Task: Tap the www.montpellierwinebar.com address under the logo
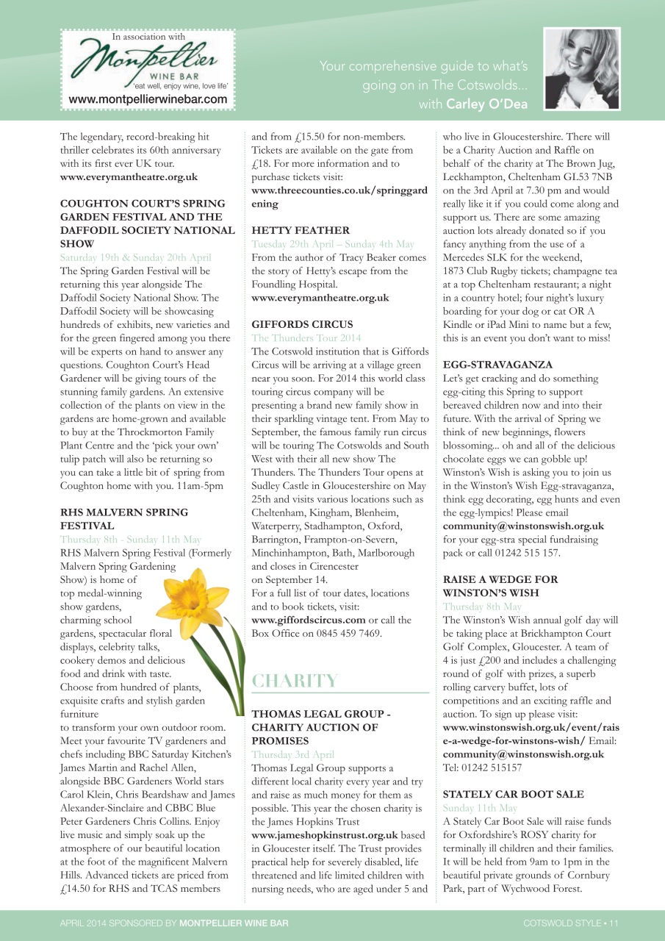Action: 148,99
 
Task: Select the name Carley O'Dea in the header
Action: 486,104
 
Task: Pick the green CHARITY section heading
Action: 295,681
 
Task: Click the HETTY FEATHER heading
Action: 301,230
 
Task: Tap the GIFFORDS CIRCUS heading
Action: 302,324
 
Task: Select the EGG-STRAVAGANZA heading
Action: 497,365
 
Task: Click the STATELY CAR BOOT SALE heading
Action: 514,794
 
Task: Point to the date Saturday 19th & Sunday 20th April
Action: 135,257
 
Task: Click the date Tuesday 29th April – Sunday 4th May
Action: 333,244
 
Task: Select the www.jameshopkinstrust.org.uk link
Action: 325,835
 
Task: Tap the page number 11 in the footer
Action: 613,923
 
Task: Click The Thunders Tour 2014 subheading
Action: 306,338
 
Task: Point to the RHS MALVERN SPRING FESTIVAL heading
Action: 123,519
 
